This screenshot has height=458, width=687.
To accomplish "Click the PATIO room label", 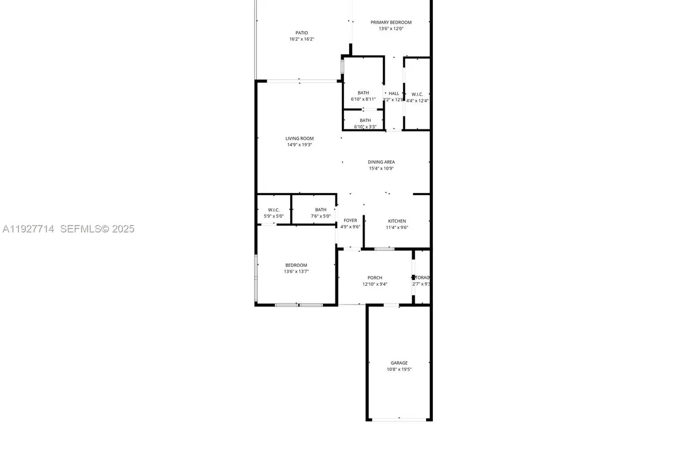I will [x=301, y=33].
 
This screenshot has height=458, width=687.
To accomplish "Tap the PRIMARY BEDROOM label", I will [x=391, y=22].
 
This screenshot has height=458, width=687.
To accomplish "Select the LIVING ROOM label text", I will [x=299, y=138].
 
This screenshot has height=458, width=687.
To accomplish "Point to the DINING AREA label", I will [x=381, y=162].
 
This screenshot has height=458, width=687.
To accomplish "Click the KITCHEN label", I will [x=397, y=221].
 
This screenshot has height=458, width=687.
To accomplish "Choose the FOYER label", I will [x=350, y=220].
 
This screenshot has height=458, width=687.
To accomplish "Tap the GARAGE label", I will [x=399, y=363].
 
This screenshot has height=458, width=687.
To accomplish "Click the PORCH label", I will [x=375, y=278].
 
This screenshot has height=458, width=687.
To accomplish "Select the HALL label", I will [x=394, y=93].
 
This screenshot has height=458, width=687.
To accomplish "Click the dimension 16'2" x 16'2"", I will [x=301, y=39].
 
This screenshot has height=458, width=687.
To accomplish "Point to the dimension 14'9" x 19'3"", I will [x=299, y=145].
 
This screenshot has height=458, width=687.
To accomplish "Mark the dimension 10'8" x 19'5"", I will [x=399, y=369].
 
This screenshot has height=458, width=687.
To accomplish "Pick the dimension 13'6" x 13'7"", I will [x=296, y=271].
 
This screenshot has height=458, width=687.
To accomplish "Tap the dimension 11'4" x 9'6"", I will [x=397, y=227].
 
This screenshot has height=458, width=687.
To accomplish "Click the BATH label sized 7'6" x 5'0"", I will [x=321, y=210].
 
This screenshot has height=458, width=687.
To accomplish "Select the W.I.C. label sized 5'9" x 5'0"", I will [x=274, y=210].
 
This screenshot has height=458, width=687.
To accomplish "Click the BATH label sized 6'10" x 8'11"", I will [x=364, y=93].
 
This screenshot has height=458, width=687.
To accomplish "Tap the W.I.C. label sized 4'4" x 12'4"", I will [x=417, y=94].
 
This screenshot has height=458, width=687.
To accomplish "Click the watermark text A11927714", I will [x=28, y=229].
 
